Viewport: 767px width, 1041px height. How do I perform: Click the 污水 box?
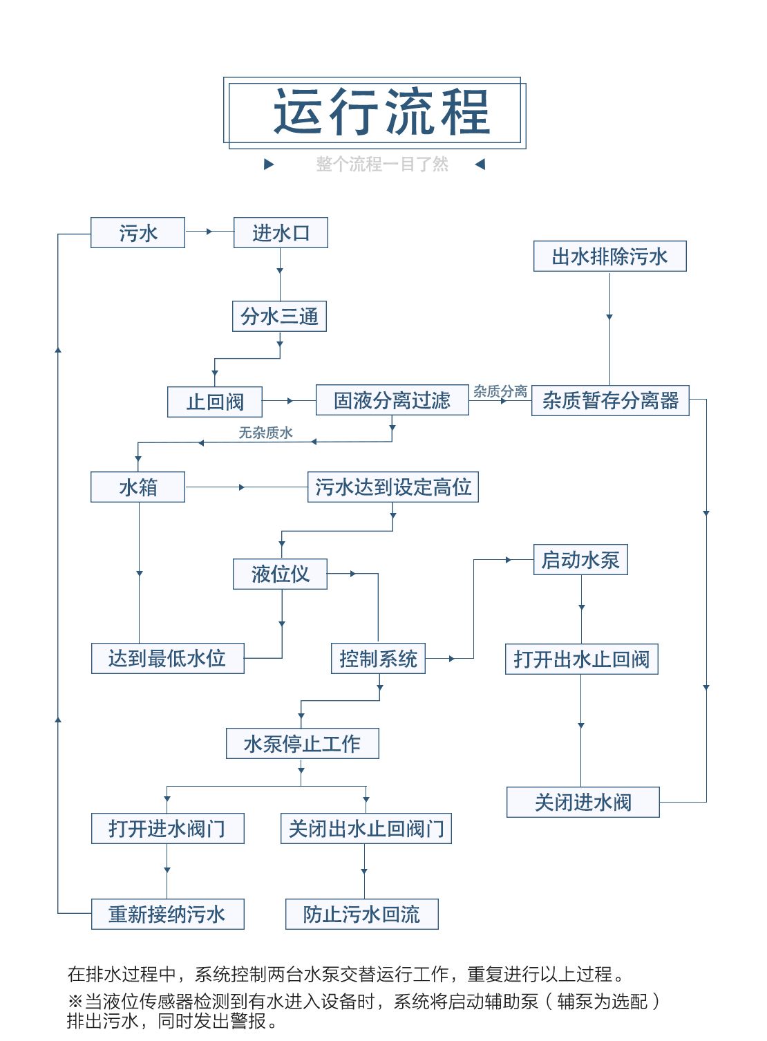(x=138, y=233)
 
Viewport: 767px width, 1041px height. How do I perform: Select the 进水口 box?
(x=281, y=233)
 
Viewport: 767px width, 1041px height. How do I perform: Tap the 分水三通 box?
(x=279, y=317)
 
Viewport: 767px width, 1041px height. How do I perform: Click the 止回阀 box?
(x=215, y=402)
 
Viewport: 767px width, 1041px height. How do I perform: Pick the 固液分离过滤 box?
(x=392, y=400)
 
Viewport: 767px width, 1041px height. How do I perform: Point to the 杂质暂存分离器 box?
(x=610, y=400)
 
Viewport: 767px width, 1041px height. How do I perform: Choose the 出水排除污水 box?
(x=609, y=256)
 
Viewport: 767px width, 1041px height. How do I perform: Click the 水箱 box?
(x=138, y=487)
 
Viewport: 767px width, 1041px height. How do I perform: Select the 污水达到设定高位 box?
(x=392, y=487)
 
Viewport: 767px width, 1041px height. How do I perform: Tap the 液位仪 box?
(x=280, y=574)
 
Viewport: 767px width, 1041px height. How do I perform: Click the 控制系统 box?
(x=378, y=659)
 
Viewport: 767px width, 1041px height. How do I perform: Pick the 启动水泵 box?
(x=580, y=560)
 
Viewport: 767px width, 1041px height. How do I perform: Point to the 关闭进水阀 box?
(x=583, y=803)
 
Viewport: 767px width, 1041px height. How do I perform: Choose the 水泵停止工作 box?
(x=302, y=744)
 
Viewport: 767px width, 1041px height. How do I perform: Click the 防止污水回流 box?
(x=361, y=915)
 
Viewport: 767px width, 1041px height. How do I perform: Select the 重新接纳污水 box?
(x=167, y=915)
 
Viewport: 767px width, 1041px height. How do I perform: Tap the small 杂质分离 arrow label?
(x=500, y=391)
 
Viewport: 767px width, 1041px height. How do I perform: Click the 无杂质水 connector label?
(x=265, y=433)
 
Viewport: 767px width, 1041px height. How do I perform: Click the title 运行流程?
(x=381, y=111)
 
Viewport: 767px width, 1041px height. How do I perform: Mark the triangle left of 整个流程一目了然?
(x=269, y=165)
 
